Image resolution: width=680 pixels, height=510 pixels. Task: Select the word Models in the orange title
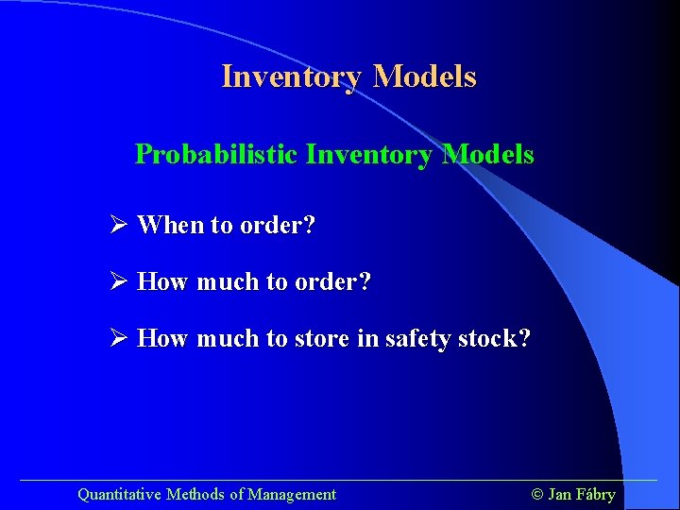click(425, 76)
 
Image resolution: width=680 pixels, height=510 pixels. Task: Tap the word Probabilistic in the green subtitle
click(216, 154)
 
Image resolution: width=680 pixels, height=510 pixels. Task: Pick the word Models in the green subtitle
click(488, 154)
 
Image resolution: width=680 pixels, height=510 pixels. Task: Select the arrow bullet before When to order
click(118, 226)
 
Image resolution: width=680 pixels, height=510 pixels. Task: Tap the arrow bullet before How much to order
click(118, 282)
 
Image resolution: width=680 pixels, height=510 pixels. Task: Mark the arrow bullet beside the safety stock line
click(118, 339)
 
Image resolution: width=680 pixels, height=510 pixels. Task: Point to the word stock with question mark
click(495, 339)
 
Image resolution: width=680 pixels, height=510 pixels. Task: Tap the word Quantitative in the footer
click(119, 494)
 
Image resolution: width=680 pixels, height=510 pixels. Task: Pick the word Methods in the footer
click(195, 494)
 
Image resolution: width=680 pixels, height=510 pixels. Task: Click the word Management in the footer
click(292, 494)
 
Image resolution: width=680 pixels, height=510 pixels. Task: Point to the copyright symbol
click(537, 494)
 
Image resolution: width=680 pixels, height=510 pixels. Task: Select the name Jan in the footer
click(559, 494)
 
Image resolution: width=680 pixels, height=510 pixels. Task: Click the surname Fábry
click(595, 494)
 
